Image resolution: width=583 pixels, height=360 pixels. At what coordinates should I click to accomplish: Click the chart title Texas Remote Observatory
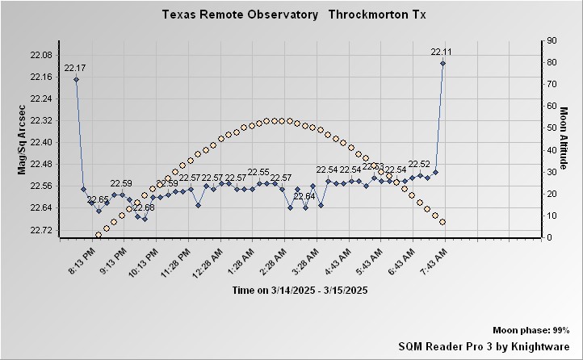pyautogui.click(x=240, y=15)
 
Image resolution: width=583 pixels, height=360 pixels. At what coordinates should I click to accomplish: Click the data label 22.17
pyautogui.click(x=75, y=68)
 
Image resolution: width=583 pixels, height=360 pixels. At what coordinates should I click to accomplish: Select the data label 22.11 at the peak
pyautogui.click(x=442, y=52)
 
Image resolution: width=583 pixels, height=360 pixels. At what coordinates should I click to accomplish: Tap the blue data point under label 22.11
pyautogui.click(x=442, y=63)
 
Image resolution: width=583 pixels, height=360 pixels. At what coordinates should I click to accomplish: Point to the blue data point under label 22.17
pyautogui.click(x=76, y=79)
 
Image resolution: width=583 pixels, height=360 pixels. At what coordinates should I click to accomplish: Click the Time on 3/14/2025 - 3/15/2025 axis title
pyautogui.click(x=300, y=290)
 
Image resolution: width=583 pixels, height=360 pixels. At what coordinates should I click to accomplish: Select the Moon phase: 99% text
pyautogui.click(x=531, y=331)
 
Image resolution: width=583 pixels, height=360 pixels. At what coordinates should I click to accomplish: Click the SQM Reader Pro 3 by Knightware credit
pyautogui.click(x=484, y=345)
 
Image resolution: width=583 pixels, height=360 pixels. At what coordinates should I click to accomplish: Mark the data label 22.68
pyautogui.click(x=144, y=207)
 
